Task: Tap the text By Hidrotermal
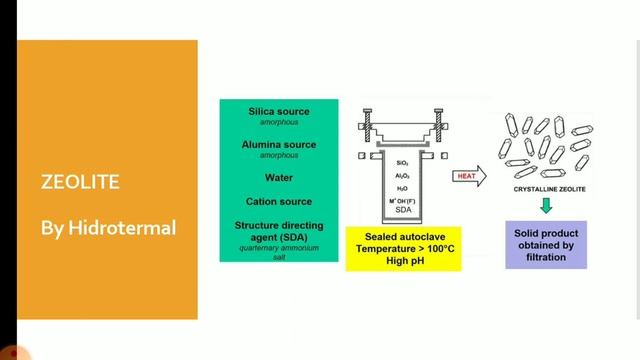click(108, 229)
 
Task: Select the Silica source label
click(279, 111)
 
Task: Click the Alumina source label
click(279, 145)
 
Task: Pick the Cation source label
click(279, 201)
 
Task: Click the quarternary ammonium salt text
click(279, 251)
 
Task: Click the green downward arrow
click(546, 207)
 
